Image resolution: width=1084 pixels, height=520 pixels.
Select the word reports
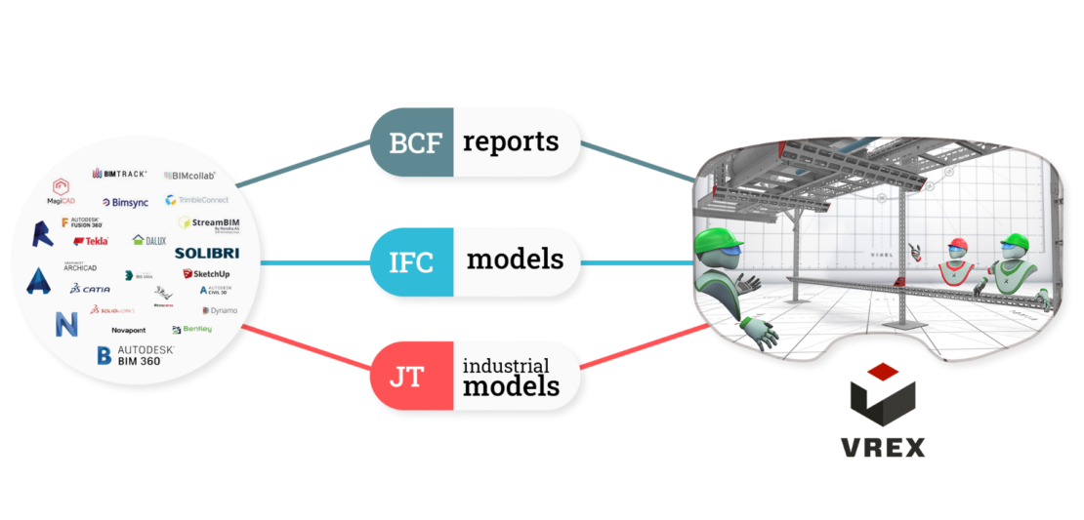511,142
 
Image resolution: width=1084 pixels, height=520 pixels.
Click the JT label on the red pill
407,376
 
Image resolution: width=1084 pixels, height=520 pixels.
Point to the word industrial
506,366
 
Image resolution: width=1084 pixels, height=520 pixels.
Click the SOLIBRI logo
206,254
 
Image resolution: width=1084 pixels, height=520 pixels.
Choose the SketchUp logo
206,275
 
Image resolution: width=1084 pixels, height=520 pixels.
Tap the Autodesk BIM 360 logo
136,355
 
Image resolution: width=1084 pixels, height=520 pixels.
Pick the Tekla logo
91,241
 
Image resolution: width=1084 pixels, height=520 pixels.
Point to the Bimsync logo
124,202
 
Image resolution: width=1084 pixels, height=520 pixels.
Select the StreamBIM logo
209,223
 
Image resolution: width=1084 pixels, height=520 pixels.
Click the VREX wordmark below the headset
883,448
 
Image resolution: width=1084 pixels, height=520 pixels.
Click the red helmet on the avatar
958,243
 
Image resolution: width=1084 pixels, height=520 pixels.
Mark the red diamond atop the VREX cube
882,371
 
